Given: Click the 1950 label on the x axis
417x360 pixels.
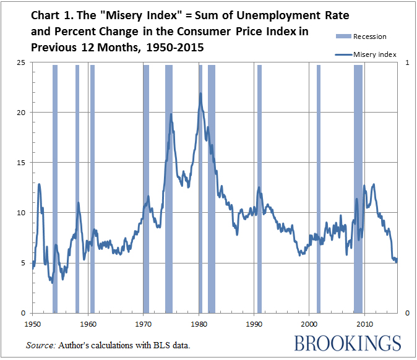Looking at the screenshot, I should pos(33,324).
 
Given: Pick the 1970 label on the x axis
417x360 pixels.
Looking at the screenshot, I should pos(143,324).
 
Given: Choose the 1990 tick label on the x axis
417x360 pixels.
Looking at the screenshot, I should pos(254,324).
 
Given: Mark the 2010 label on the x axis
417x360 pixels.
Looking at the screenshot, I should pos(364,324).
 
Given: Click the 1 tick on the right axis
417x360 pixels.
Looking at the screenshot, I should pos(407,62).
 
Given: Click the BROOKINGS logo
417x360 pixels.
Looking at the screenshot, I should pos(348,343).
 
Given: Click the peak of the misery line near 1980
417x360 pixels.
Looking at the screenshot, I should pos(200,93).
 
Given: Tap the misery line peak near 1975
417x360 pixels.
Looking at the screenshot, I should pos(171,114).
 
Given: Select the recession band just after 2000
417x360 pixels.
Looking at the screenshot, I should pos(319,186).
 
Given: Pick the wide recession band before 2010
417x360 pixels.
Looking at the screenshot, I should pos(358,186).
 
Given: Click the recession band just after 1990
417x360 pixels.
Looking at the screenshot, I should pos(260,186).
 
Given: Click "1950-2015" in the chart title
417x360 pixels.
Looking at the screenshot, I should pos(182,48).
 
